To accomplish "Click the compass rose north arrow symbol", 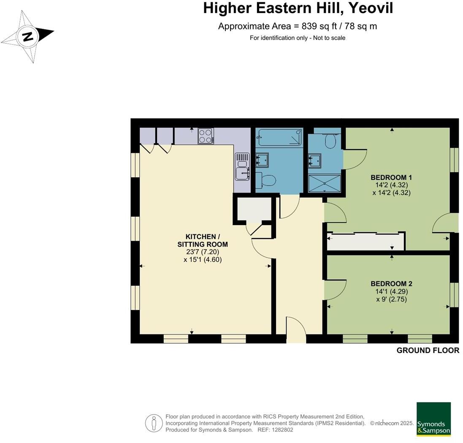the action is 28,37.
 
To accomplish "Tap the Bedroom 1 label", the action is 391,177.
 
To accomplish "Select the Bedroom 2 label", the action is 391,284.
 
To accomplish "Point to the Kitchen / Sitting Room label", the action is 203,241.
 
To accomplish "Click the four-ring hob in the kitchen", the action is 206,136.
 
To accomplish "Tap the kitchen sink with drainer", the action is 242,166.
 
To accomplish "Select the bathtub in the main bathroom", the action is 279,137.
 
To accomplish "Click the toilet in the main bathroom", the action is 265,180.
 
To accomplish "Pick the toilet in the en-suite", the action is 330,140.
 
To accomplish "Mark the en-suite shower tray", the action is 325,183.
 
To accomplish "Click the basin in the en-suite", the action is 314,160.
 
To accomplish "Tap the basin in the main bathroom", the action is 262,160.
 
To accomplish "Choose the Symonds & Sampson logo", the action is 433,419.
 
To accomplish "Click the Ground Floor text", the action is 428,351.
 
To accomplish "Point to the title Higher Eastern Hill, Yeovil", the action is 298,8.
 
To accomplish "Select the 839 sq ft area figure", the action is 319,26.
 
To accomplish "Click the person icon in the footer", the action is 154,423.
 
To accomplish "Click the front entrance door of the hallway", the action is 296,329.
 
